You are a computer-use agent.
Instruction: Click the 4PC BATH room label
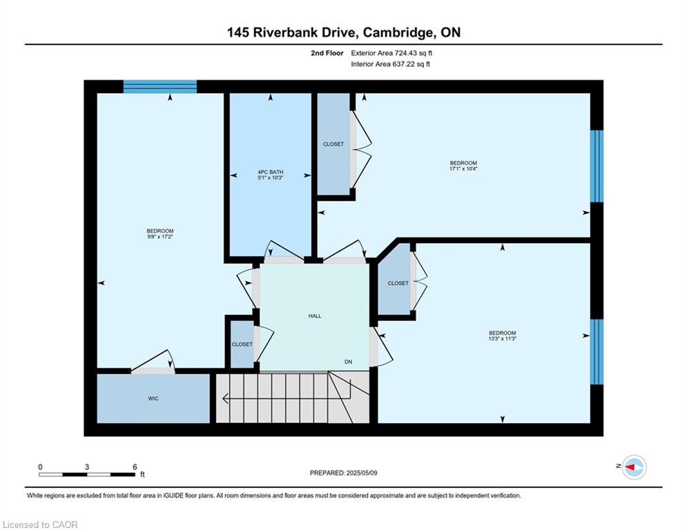point(271,172)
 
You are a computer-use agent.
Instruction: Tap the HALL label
point(315,316)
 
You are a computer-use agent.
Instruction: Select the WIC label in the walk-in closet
point(153,399)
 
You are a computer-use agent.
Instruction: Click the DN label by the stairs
point(348,362)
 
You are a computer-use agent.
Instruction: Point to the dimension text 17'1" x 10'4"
point(463,168)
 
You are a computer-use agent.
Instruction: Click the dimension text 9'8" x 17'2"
point(160,237)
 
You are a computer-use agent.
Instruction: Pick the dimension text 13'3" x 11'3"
point(503,339)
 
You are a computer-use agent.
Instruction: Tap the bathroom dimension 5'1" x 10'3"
point(271,178)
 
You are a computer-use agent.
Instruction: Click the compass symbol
point(635,467)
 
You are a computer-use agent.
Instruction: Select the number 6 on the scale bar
point(135,467)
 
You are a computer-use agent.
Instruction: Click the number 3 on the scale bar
point(87,467)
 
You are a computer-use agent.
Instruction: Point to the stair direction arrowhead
point(226,399)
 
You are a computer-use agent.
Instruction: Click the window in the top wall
point(160,87)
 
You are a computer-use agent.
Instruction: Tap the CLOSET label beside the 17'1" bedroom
point(333,144)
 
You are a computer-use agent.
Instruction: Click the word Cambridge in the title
point(398,33)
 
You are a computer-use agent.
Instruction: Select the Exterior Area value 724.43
point(408,53)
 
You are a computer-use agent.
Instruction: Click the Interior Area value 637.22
point(406,64)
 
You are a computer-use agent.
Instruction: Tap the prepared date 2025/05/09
point(362,473)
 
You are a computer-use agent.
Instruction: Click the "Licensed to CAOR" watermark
point(40,524)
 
